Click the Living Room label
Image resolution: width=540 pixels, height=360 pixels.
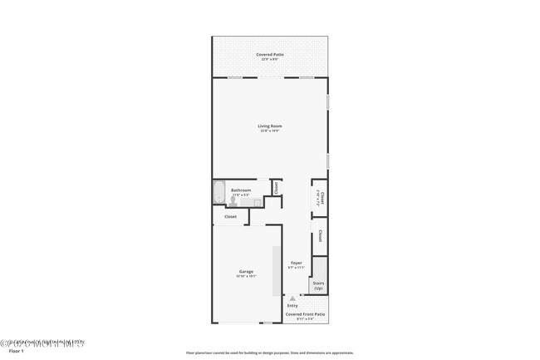click(269, 126)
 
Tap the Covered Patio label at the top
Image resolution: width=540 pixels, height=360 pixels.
click(269, 54)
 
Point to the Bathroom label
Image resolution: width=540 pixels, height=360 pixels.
click(241, 190)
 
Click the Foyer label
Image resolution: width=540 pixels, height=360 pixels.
click(297, 263)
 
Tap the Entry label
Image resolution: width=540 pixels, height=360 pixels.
click(292, 305)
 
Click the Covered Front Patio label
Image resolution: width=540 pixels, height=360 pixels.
click(304, 313)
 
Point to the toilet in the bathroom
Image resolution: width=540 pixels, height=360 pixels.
click(258, 202)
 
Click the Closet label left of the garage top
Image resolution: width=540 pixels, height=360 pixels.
click(230, 217)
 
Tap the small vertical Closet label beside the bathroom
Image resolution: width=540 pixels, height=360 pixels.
click(276, 189)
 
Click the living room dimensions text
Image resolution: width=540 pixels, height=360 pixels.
click(269, 131)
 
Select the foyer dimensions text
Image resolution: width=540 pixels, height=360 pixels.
click(297, 268)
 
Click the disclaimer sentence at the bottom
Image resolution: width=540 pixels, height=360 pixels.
click(269, 353)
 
